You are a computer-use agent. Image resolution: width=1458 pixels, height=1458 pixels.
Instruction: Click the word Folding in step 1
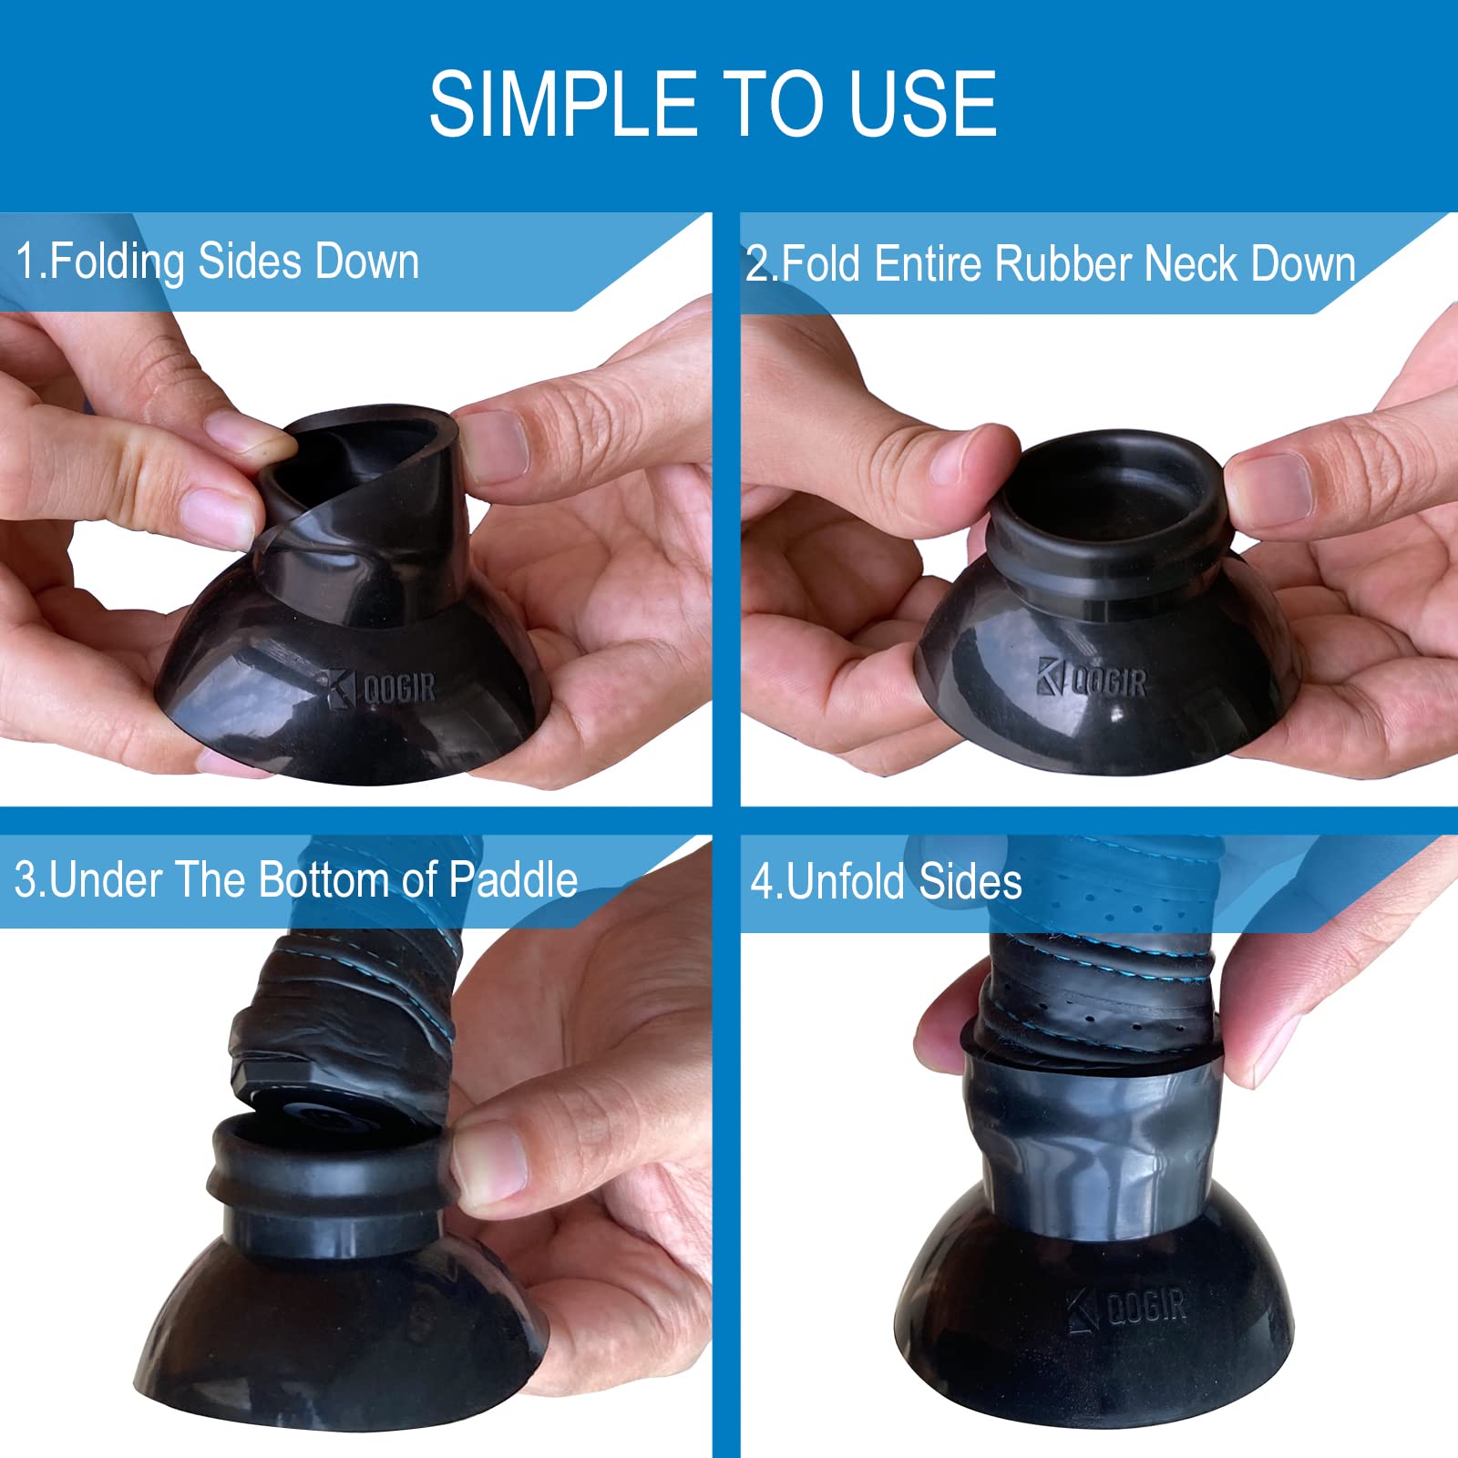(x=117, y=263)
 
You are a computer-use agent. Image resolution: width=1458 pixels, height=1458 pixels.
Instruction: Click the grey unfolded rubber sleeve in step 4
(x=1093, y=1148)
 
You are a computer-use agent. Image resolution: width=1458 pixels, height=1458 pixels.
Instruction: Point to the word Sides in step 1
(x=251, y=262)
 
